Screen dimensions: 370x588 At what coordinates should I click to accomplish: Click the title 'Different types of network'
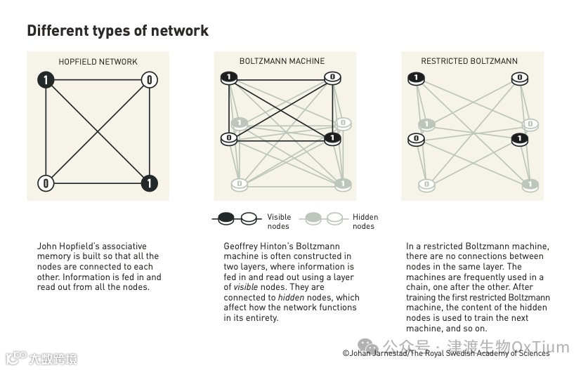click(x=117, y=31)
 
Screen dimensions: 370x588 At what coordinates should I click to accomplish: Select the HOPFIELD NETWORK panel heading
click(x=98, y=62)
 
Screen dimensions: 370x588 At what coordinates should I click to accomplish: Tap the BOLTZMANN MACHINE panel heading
click(x=284, y=62)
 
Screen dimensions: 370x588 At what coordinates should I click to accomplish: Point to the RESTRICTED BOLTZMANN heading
click(x=469, y=62)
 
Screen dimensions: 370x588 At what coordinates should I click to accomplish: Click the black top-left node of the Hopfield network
click(x=46, y=80)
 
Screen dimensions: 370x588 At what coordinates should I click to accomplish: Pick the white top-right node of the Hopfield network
click(x=149, y=80)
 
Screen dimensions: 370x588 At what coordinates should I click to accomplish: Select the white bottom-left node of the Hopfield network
click(x=46, y=184)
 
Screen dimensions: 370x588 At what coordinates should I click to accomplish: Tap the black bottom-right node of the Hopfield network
click(x=149, y=184)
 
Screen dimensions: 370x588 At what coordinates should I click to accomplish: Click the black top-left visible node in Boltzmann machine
click(x=229, y=77)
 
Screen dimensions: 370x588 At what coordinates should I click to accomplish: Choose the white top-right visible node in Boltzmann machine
click(x=332, y=77)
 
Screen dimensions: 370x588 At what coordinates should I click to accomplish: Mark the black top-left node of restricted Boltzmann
click(x=416, y=77)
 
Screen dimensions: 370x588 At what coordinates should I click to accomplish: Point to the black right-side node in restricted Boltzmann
click(x=520, y=139)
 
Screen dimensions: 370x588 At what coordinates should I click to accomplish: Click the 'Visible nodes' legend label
click(x=279, y=221)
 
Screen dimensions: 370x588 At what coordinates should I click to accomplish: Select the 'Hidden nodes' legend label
click(x=365, y=221)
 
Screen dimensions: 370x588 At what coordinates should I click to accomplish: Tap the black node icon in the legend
click(x=226, y=219)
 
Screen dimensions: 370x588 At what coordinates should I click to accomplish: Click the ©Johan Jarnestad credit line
click(x=445, y=353)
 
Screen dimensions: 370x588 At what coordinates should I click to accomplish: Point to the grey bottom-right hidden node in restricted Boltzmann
click(x=530, y=185)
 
